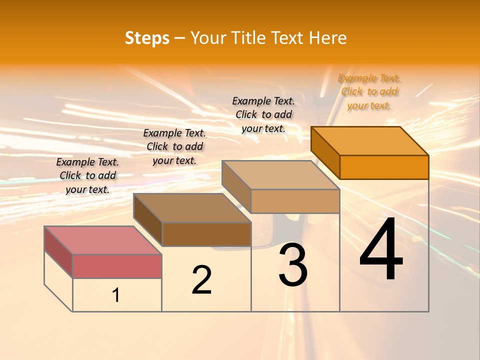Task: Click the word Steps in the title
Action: coord(147,38)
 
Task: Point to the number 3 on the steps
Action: coord(293,265)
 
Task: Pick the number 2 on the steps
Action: coord(201,280)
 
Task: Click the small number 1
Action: coord(116,295)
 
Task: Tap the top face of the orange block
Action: coord(370,141)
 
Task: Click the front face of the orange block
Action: coord(384,167)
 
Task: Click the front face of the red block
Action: coord(117,266)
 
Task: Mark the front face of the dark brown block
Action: coord(206,234)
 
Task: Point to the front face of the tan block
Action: coord(295,201)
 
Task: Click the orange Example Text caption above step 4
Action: coord(369,91)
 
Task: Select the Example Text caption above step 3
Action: coord(263,114)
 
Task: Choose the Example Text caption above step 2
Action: coord(174,146)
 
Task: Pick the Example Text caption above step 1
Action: coord(87,175)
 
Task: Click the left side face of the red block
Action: coord(58,252)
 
